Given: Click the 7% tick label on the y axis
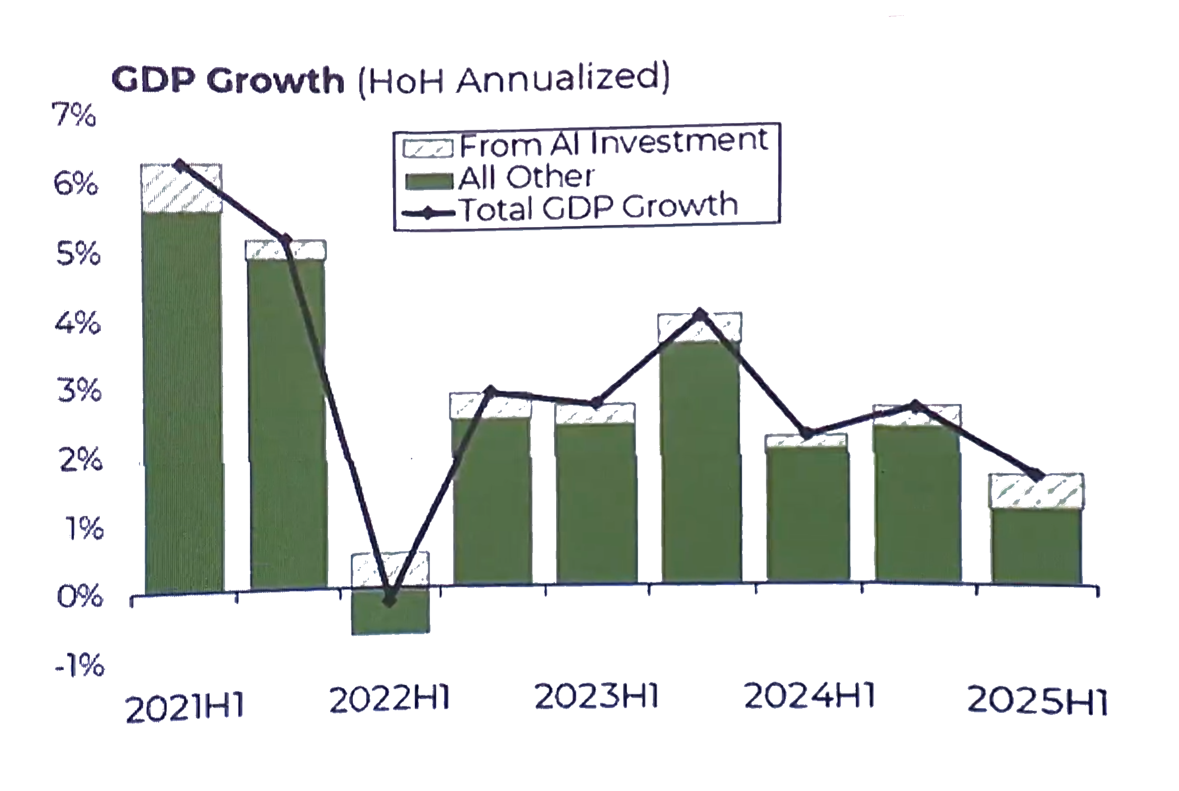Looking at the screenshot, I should (73, 115).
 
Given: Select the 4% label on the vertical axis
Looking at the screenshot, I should (77, 323).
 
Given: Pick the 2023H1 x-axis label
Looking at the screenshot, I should (597, 696).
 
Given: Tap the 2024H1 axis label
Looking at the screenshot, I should (809, 695).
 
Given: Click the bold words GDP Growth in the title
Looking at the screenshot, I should (228, 81).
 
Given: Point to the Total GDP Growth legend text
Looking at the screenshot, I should (599, 207).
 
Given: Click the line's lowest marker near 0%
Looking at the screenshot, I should (390, 600).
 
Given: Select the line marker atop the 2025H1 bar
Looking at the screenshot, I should (1037, 475).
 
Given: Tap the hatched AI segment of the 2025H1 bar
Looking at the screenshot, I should (1036, 492).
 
